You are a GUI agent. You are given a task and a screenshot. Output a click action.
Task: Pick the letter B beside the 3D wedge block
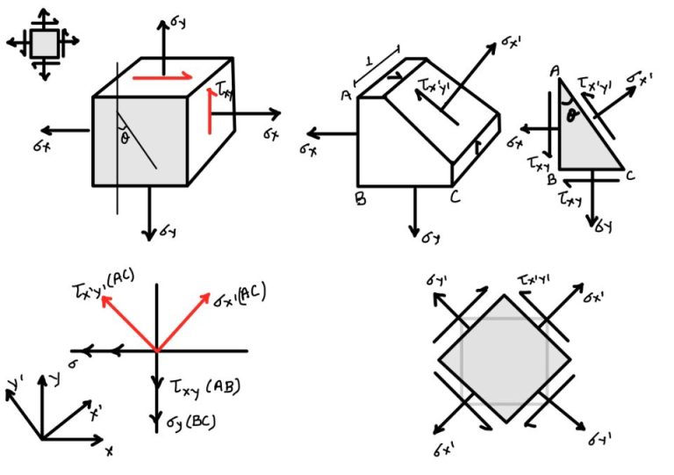[x=360, y=198]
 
